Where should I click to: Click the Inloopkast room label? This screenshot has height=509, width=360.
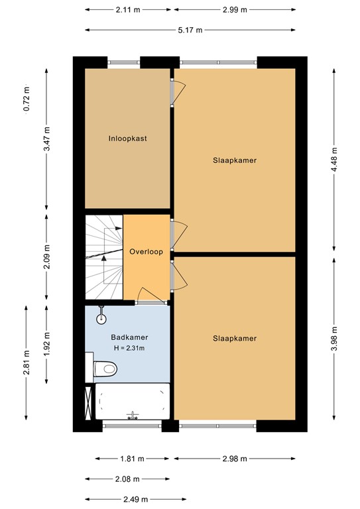point(127,139)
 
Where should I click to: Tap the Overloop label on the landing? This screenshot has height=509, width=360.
point(147,252)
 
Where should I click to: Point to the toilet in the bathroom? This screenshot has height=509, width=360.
point(104,366)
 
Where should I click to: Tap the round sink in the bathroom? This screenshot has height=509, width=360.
point(101,317)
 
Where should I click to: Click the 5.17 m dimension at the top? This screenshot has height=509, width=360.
point(191,30)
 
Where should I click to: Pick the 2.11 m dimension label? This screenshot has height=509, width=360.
point(128,10)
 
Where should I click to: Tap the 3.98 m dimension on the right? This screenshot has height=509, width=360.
point(335,339)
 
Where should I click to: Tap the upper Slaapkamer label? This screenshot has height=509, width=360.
point(235,160)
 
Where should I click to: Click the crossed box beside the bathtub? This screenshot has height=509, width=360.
point(90,402)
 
